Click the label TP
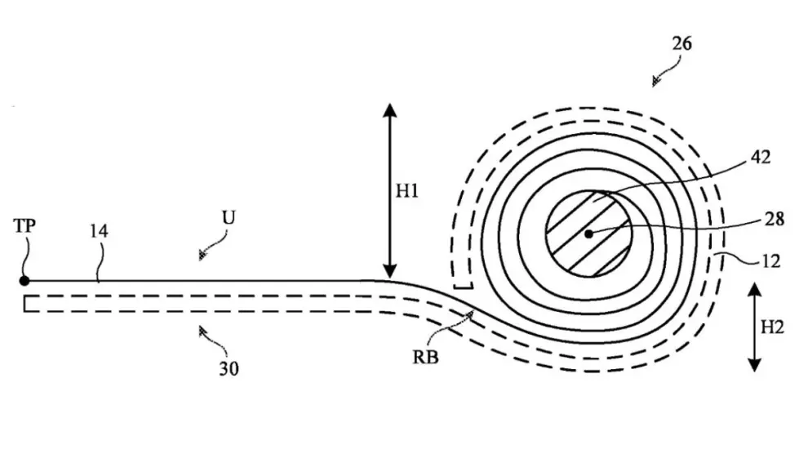[24, 225]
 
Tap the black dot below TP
[24, 281]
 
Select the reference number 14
[99, 231]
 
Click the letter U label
[229, 217]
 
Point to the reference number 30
[229, 369]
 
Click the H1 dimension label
[407, 191]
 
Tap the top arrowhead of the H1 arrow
[390, 109]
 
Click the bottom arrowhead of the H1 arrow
[390, 271]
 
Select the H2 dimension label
[772, 327]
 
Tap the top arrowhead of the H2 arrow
[754, 289]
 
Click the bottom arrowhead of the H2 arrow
[754, 365]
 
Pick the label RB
[426, 357]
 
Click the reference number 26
[681, 44]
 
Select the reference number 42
[760, 157]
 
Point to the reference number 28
[774, 219]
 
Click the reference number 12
[770, 261]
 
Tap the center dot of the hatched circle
[588, 234]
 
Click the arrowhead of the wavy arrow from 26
[656, 82]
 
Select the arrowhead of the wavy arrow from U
[203, 254]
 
